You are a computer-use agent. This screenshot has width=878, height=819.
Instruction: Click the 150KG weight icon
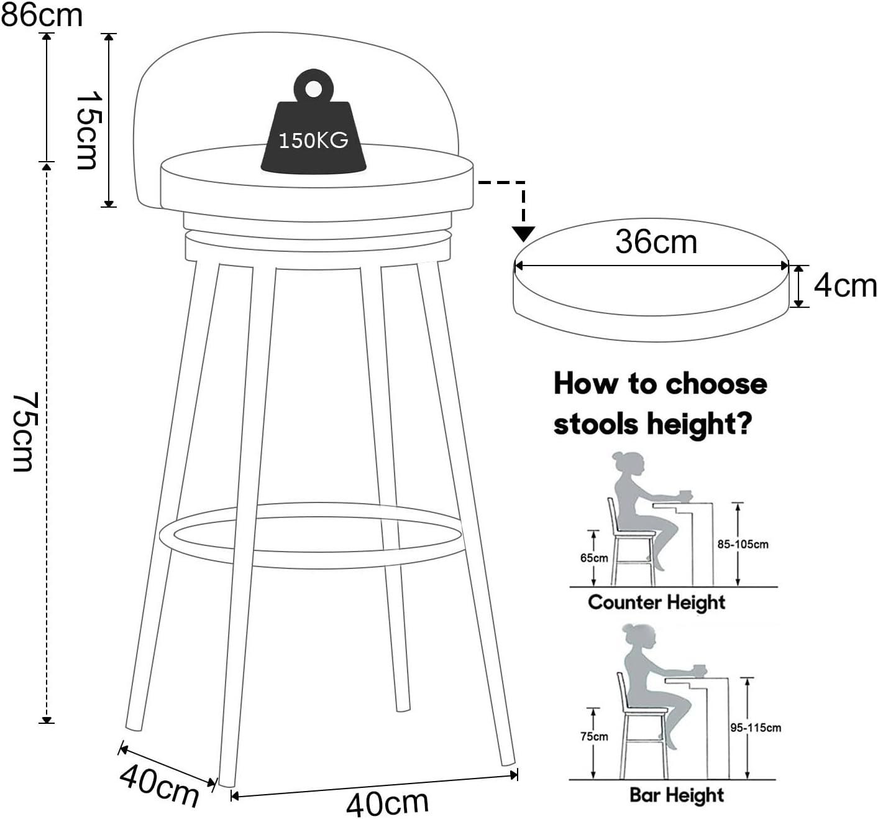click(x=313, y=131)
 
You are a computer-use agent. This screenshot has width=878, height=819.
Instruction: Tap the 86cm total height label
click(x=41, y=15)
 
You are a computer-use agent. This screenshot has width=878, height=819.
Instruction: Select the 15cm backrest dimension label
click(x=87, y=131)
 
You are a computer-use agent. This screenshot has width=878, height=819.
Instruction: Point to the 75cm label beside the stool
click(x=25, y=431)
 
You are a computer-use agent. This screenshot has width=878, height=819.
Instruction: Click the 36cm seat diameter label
click(x=656, y=241)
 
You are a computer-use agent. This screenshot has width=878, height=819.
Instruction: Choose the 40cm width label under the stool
click(x=387, y=803)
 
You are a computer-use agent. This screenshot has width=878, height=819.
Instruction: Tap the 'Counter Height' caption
click(x=656, y=602)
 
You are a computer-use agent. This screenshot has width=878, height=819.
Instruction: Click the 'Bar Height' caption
click(x=677, y=795)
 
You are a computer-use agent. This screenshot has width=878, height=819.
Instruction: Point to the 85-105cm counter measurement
click(x=743, y=544)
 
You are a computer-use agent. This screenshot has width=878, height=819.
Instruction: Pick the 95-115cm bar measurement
click(x=756, y=728)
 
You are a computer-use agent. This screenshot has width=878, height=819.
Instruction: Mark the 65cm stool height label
click(x=594, y=558)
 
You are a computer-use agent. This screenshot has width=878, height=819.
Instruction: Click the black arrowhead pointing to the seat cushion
click(x=524, y=234)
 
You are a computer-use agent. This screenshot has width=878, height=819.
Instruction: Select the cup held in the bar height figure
click(x=700, y=670)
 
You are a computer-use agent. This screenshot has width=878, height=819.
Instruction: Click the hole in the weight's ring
click(x=313, y=88)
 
